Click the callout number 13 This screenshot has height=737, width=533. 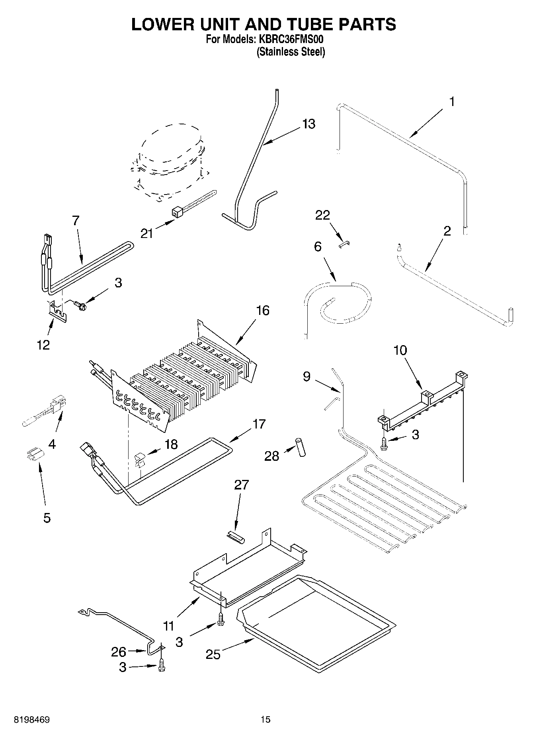(x=308, y=124)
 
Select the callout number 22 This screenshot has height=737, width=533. (x=322, y=215)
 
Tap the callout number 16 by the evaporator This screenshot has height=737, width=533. (x=263, y=310)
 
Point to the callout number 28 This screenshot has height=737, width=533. (x=272, y=456)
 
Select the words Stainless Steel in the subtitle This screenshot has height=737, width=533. (x=291, y=52)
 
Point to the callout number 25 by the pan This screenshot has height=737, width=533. (x=213, y=654)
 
